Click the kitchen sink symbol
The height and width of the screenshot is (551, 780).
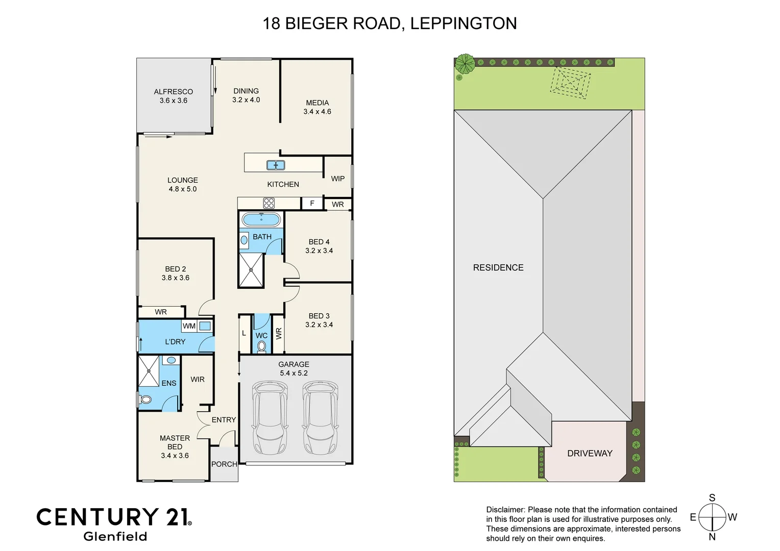click(276, 165)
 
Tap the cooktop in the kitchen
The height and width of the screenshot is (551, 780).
click(269, 203)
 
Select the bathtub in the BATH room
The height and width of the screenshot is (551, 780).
click(261, 220)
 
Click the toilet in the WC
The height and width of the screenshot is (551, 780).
click(262, 346)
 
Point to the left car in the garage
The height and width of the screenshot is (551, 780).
click(270, 418)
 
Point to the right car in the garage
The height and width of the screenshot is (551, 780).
click(320, 418)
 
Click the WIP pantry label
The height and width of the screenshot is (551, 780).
click(337, 179)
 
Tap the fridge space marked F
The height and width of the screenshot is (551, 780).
click(312, 203)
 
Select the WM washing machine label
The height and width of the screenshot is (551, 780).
click(189, 326)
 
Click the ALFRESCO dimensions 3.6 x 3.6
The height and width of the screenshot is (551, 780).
click(174, 101)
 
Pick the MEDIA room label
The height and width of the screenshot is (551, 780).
click(317, 103)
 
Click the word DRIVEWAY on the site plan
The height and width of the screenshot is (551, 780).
click(590, 453)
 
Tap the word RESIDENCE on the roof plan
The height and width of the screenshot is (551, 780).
click(498, 267)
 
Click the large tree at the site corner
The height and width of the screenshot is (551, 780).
click(465, 63)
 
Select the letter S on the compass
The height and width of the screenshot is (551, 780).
click(712, 497)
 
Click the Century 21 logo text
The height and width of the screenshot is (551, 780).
click(114, 517)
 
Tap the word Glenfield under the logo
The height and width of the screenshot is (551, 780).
click(115, 536)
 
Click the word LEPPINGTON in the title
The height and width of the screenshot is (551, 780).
click(464, 23)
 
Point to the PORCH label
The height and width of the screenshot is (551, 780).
click(224, 464)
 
